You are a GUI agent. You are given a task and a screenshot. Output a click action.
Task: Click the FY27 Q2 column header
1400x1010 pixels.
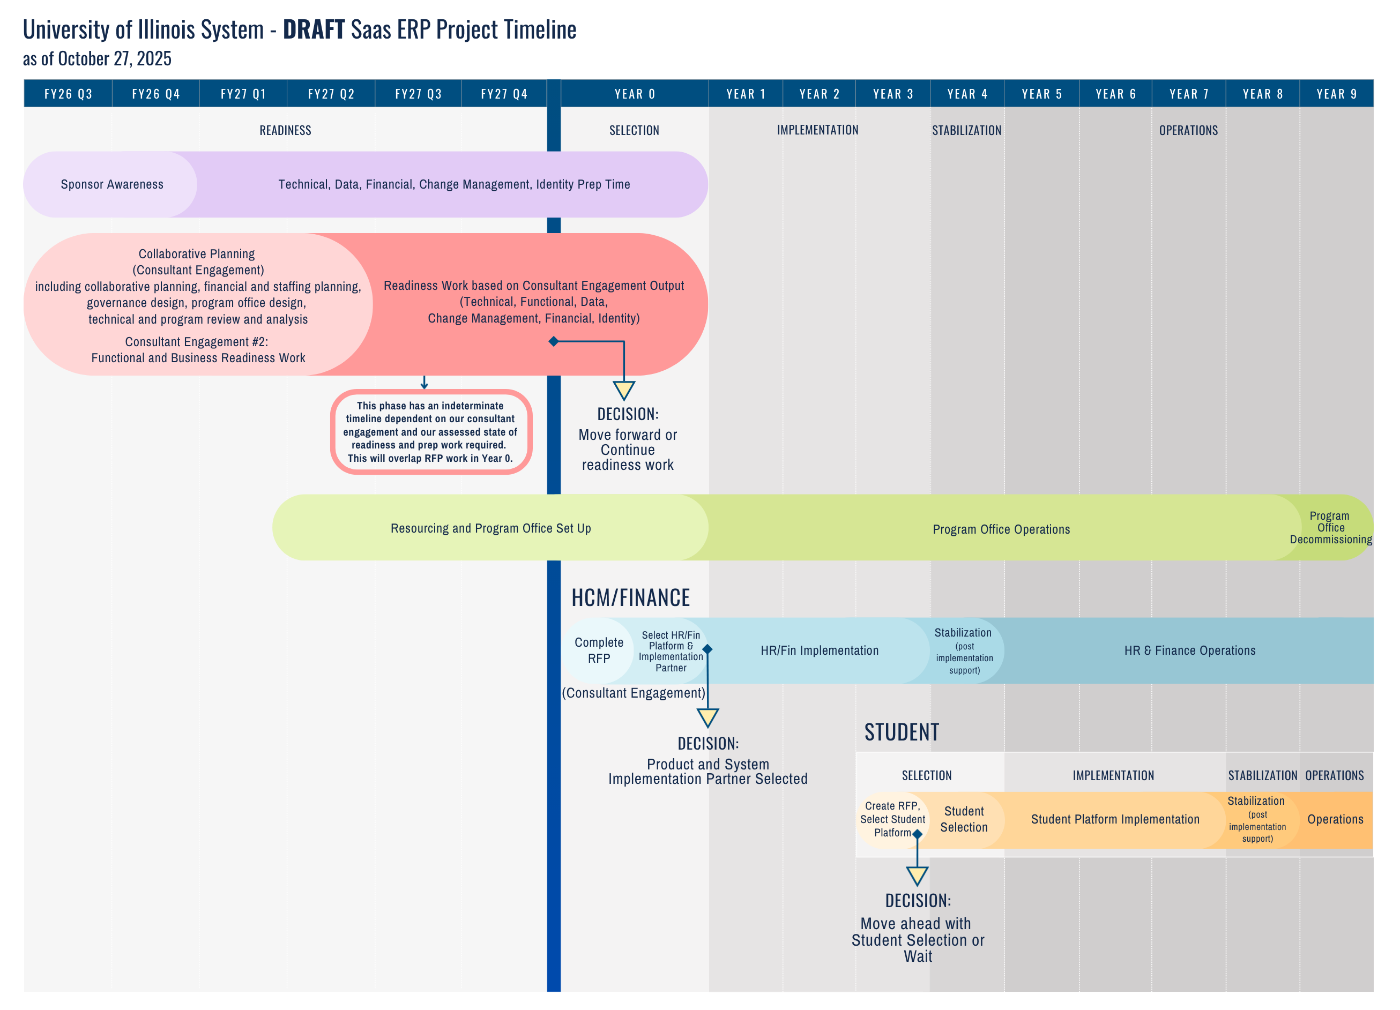point(331,94)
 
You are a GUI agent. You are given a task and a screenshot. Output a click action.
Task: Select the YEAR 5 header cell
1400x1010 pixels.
point(1041,94)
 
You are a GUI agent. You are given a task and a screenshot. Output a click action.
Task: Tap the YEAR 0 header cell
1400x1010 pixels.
point(635,94)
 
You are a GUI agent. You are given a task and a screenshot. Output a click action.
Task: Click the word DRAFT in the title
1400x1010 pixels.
point(314,29)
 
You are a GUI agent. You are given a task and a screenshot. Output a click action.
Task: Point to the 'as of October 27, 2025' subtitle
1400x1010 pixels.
point(97,58)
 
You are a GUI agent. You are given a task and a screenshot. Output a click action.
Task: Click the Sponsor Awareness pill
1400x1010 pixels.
point(111,184)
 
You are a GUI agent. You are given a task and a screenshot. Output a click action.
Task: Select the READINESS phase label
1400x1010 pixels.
point(285,130)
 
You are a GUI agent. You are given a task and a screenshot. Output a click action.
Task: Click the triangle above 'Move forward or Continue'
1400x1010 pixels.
point(624,390)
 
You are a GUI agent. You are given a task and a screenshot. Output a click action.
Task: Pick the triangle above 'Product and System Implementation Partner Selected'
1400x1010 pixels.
point(708,717)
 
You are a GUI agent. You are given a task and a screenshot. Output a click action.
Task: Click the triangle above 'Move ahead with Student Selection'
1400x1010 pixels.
point(917,876)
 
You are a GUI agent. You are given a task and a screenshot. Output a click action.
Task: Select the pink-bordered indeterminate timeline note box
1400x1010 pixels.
point(431,432)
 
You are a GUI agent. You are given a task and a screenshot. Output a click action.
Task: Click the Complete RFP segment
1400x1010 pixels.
point(599,650)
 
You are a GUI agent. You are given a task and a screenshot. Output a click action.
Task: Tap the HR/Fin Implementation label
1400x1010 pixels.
point(819,650)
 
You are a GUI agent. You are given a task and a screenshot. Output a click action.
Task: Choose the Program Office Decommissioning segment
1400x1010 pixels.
point(1330,528)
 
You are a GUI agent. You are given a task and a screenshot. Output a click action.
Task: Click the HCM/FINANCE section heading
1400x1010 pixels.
point(630,598)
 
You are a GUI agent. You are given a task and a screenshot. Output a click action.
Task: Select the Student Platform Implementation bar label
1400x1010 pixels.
point(1115,819)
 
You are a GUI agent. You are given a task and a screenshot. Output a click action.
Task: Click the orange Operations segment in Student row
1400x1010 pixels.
point(1335,819)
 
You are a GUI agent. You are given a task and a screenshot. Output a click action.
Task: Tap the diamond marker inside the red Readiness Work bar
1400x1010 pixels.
point(554,341)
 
